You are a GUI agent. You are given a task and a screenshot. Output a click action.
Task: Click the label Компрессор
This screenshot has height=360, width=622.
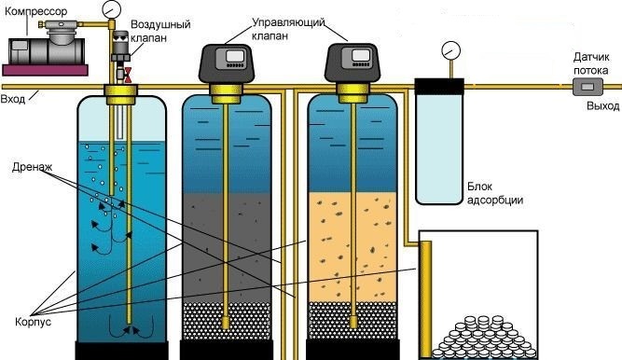[x=35, y=11]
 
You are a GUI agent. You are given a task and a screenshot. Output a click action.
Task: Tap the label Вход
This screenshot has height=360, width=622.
[x=13, y=99]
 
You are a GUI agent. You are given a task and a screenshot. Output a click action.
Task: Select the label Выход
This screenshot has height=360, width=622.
[x=603, y=106]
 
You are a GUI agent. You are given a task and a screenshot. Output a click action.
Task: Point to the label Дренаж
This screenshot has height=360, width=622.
[x=32, y=167]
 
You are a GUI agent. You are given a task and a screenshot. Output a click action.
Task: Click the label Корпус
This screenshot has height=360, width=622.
[x=33, y=321]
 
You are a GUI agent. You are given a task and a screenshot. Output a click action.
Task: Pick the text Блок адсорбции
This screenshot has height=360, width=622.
[x=494, y=193]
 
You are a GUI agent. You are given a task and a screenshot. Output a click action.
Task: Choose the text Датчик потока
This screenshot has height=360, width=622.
[x=591, y=63]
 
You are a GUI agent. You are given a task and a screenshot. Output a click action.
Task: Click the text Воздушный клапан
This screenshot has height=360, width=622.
[x=160, y=31]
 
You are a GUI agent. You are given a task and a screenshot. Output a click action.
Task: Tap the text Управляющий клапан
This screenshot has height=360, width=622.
[x=288, y=29]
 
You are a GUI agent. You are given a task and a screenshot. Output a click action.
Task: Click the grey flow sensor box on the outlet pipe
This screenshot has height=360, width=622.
[x=587, y=86]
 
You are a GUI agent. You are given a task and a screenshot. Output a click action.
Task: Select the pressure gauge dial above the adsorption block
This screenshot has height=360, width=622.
[x=450, y=51]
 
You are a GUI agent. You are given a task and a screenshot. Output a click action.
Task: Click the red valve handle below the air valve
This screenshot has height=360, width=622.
[x=128, y=75]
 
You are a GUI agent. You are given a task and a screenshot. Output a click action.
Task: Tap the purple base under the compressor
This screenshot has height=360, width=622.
[x=45, y=70]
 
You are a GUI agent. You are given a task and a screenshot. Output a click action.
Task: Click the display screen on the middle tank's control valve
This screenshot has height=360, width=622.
[x=234, y=56]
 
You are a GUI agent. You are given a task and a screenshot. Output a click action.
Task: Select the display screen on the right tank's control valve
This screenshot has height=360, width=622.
[x=361, y=55]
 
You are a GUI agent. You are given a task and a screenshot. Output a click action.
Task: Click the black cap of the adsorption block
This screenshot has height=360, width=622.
[x=439, y=87]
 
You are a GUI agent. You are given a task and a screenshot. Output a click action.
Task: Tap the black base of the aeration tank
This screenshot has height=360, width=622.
[x=122, y=351]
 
